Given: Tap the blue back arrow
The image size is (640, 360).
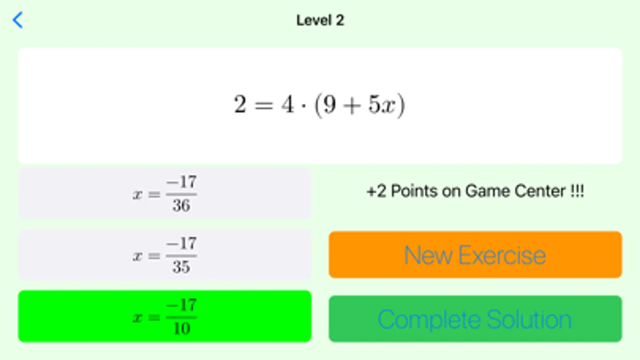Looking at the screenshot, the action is point(18,20).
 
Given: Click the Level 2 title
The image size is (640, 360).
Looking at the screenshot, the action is point(320,20).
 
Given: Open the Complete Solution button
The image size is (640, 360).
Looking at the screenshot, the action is point(475,319).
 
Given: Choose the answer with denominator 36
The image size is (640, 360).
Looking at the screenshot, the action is point(165,194).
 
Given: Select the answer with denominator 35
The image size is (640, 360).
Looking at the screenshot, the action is point(165,255).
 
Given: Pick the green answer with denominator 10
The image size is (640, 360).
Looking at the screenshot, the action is point(165,316).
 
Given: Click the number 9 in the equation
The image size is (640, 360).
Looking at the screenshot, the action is point(330,104).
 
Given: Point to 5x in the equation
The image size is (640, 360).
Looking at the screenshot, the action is point(382,104).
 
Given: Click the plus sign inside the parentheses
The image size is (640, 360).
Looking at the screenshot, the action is point(352,106).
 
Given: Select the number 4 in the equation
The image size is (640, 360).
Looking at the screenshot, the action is point(287,104).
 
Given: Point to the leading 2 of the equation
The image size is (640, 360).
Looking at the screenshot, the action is point(240,104).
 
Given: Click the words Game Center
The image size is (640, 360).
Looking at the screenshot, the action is point(515,191).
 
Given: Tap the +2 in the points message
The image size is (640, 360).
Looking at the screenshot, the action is point(376,191).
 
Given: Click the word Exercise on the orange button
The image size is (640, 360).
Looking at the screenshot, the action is point(502,255).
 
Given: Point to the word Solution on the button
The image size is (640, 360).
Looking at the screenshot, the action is point(529,319).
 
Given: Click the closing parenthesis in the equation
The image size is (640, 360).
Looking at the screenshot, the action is point(401,105).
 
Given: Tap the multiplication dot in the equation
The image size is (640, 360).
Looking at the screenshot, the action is point(303,106).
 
